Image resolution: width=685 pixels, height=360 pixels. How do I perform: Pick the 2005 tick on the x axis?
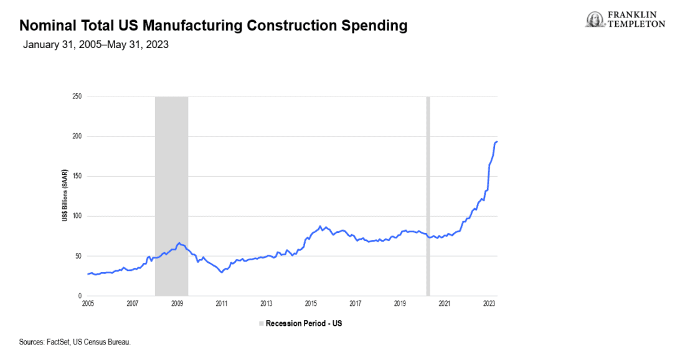(x=88, y=304)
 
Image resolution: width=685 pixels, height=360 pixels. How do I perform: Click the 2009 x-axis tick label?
(x=177, y=304)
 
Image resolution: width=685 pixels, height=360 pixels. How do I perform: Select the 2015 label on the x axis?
(x=311, y=304)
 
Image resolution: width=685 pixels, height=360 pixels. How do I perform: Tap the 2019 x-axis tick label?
(x=400, y=304)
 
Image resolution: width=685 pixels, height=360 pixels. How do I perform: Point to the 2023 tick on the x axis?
(x=489, y=304)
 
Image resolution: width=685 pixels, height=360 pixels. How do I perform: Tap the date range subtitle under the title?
(x=96, y=45)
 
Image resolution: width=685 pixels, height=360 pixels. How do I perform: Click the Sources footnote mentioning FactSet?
(x=75, y=342)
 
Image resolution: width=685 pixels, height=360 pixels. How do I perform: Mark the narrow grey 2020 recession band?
(x=428, y=196)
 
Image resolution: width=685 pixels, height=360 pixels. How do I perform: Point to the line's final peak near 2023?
(x=496, y=141)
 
